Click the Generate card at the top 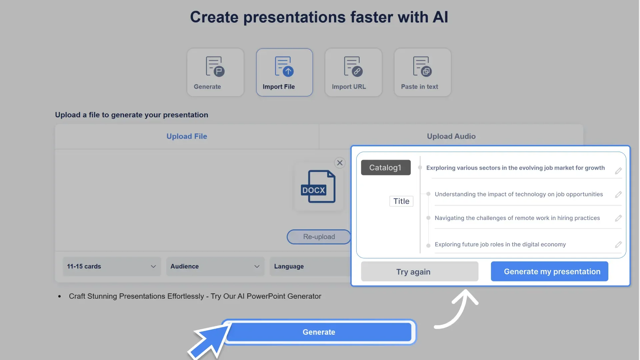(x=215, y=72)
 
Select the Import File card (x=284, y=72)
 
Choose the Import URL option (x=353, y=72)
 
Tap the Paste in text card (x=422, y=72)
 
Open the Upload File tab (x=187, y=136)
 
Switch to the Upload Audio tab (x=451, y=136)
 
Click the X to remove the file (x=340, y=163)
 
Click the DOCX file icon (x=318, y=187)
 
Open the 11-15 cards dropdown (x=112, y=266)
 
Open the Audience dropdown (x=215, y=266)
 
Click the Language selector (x=310, y=266)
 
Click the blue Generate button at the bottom (x=319, y=332)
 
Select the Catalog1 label (x=386, y=168)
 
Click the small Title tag (x=401, y=201)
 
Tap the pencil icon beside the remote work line (x=618, y=218)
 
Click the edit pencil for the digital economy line (x=618, y=245)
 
